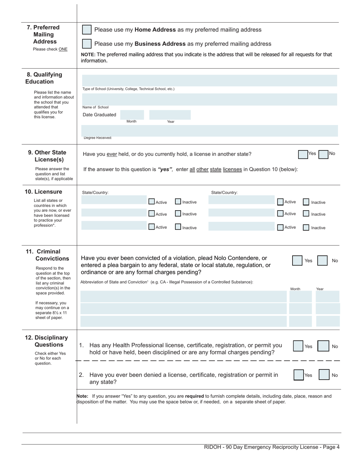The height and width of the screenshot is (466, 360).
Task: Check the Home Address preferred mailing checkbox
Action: point(87,30)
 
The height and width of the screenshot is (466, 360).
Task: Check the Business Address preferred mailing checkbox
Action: point(87,44)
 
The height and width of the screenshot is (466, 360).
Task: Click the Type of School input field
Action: point(209,80)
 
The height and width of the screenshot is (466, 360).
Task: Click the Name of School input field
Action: point(209,99)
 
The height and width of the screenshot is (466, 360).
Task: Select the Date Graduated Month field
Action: point(132,115)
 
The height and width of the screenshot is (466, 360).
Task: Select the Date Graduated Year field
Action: point(170,115)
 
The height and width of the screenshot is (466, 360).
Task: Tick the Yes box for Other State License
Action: point(303,155)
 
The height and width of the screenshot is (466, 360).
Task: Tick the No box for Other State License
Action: point(323,155)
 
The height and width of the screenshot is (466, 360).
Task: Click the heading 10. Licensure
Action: point(43,192)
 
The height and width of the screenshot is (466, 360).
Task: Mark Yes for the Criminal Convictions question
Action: point(297,261)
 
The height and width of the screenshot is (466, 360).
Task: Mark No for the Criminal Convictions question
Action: point(322,261)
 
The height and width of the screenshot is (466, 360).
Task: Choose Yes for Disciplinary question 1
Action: point(298,346)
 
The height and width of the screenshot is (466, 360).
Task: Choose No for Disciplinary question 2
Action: point(324,375)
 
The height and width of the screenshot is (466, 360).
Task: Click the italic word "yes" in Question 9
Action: point(165,169)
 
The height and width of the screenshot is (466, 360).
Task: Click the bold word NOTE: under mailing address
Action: point(88,55)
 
